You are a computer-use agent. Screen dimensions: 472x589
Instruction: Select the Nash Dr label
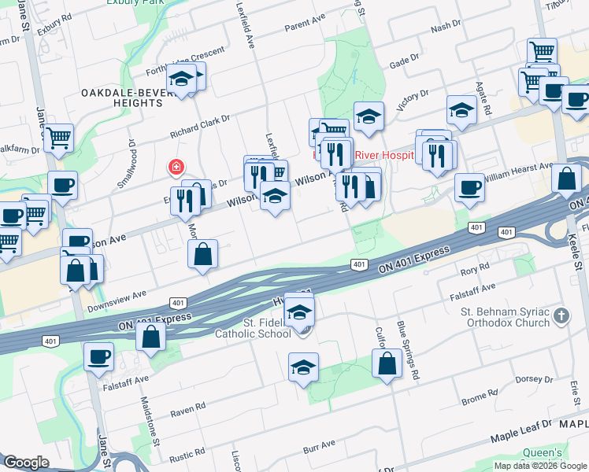pos(445,28)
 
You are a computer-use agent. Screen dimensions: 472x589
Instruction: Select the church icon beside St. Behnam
pos(561,316)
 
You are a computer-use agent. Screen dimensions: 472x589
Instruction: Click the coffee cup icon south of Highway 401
pos(99,356)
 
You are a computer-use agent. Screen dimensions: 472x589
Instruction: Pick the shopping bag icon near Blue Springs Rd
pos(387,363)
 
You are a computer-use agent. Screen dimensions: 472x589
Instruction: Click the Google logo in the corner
pos(26,463)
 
